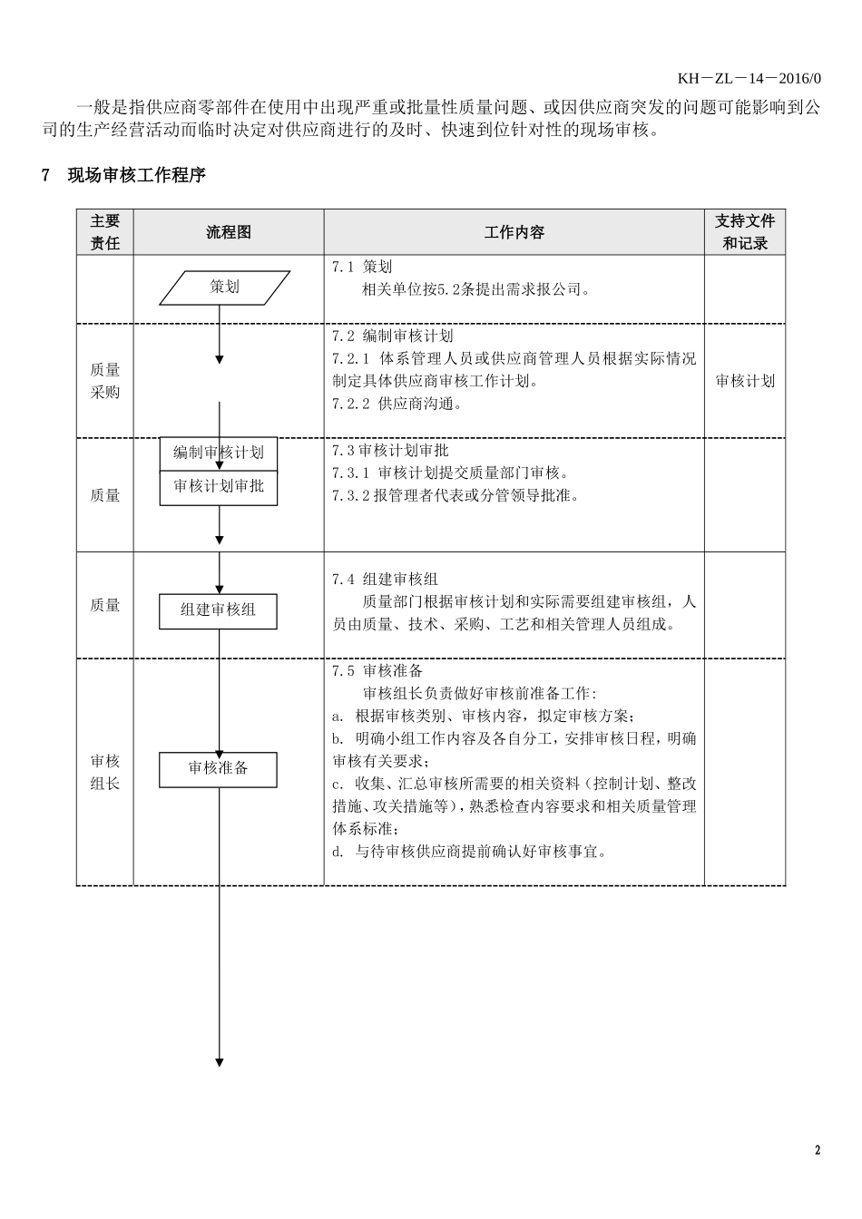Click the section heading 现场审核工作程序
point(136,176)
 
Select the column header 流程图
point(228,232)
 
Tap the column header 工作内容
point(514,232)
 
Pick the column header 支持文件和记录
point(744,232)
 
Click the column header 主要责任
point(105,232)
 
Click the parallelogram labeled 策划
point(225,288)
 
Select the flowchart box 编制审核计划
point(219,453)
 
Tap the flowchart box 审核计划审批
point(219,487)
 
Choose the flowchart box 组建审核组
point(218,610)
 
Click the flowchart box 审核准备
point(218,769)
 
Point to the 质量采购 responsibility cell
point(105,381)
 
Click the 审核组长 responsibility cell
point(105,772)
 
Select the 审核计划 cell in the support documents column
point(744,381)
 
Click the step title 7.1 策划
point(362,268)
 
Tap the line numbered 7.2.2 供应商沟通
point(397,405)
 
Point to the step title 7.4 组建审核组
point(385,579)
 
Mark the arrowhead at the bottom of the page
point(219,1062)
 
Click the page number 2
point(817,1151)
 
